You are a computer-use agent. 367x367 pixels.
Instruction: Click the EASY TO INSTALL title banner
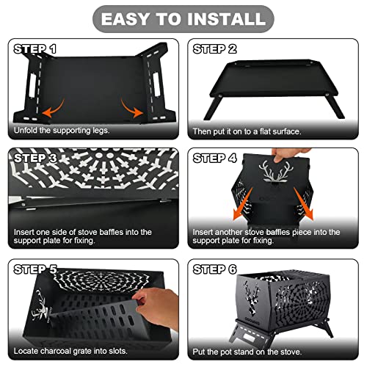183,19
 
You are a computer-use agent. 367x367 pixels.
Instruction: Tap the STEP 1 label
35,49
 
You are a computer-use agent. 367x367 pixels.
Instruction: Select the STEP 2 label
215,49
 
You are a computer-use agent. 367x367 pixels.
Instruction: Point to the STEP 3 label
35,158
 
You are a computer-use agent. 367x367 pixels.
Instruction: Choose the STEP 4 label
215,158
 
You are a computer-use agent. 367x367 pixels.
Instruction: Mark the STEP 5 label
35,269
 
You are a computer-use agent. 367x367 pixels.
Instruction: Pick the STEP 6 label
215,269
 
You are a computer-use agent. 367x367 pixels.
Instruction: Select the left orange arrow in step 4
242,204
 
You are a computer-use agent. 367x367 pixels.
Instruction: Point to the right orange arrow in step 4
303,204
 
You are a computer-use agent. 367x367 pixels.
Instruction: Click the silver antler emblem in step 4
276,171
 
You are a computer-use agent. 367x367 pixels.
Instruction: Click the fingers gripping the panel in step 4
288,153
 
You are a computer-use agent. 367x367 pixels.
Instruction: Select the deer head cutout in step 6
252,297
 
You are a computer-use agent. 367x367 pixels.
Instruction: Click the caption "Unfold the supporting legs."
62,131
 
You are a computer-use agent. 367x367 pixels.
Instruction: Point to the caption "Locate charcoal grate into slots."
70,351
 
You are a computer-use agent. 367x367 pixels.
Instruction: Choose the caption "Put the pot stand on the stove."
247,352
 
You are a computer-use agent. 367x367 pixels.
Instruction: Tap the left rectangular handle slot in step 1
32,86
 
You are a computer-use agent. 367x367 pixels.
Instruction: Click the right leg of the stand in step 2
336,107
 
